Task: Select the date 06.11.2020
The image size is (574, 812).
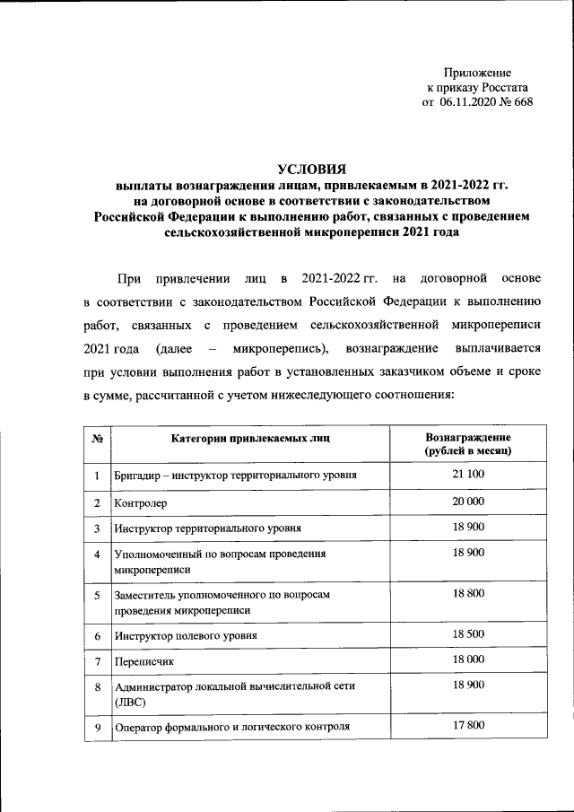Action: [x=469, y=103]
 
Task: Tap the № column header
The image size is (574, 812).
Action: [x=96, y=439]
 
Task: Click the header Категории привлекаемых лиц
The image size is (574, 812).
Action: [x=250, y=439]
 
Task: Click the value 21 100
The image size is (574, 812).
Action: [x=468, y=474]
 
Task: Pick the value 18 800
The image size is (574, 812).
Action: [x=468, y=593]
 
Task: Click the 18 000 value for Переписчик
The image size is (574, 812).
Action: [x=468, y=659]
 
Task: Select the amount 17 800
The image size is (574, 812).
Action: [x=468, y=724]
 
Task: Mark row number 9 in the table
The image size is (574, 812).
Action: [x=96, y=725]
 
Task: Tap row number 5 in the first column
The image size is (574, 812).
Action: [x=96, y=594]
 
